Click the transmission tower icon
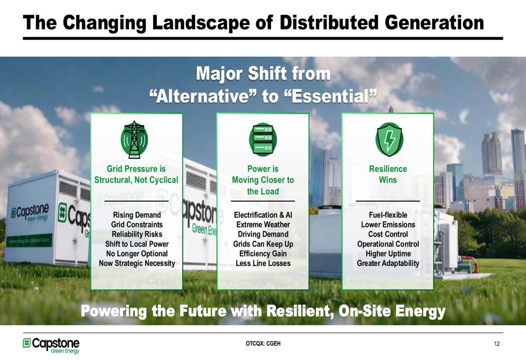click(x=136, y=139)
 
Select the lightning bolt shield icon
click(x=388, y=140)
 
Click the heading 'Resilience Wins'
click(x=388, y=174)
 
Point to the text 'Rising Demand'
click(x=137, y=215)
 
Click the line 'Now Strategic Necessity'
click(x=137, y=263)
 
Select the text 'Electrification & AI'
click(x=262, y=215)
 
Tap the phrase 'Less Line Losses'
click(x=262, y=263)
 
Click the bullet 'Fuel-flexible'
click(x=388, y=215)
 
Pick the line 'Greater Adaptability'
click(x=388, y=263)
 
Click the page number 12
click(x=497, y=344)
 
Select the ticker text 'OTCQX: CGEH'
click(x=263, y=344)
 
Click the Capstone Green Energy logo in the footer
click(x=51, y=345)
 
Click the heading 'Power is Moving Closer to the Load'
click(x=262, y=180)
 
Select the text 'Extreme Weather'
click(x=262, y=224)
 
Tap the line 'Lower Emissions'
click(x=388, y=224)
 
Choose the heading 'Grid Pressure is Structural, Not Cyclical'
click(x=136, y=174)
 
